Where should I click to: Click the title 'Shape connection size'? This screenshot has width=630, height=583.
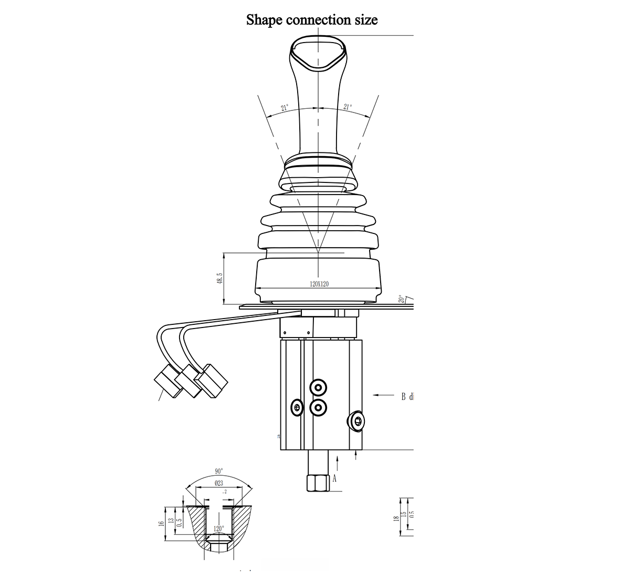click(312, 20)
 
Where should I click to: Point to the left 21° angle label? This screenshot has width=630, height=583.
click(284, 108)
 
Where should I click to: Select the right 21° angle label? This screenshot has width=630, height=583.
click(347, 107)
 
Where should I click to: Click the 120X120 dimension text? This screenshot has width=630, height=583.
click(319, 284)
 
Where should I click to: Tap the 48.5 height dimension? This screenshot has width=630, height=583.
click(219, 279)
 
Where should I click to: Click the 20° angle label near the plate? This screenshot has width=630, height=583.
click(402, 299)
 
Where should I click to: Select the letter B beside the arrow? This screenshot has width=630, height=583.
click(403, 396)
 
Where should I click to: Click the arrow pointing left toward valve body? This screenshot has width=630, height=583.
click(383, 395)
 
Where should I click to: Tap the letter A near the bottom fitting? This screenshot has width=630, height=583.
click(334, 478)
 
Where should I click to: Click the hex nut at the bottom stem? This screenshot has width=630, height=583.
click(317, 482)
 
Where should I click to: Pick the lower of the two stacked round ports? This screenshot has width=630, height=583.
click(318, 406)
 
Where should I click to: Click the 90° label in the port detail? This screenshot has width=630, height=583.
click(219, 471)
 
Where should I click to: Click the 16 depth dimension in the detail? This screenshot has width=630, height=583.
click(161, 523)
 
